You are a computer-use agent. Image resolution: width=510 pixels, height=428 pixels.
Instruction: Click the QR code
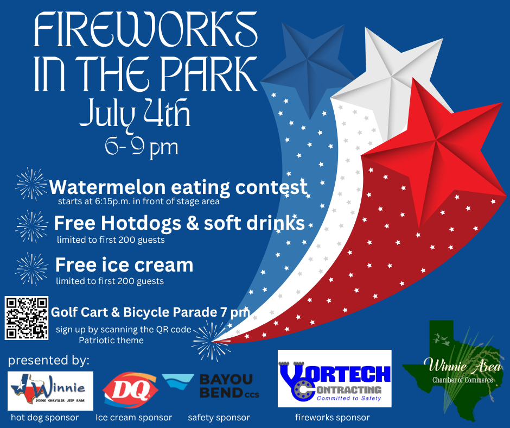[x=27, y=318]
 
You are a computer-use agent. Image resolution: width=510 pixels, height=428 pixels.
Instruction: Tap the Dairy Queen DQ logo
[x=130, y=390]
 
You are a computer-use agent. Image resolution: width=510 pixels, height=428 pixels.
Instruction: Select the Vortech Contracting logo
[x=334, y=379]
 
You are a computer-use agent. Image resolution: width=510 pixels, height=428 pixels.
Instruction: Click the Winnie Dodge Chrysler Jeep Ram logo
[x=50, y=391]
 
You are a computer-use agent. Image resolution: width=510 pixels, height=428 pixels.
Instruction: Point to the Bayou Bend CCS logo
[x=211, y=386]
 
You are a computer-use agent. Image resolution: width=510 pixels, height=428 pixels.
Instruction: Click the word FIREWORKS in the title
[x=146, y=29]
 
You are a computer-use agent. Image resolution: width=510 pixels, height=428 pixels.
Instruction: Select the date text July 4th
[x=135, y=114]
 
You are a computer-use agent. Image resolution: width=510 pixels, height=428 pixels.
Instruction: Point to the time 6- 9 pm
[x=142, y=147]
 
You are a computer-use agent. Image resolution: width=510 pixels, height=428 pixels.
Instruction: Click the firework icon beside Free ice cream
[x=32, y=269]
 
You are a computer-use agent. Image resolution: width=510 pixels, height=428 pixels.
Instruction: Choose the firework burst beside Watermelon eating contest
[x=31, y=184]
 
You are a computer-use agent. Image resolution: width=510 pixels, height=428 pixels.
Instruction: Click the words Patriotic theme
[x=111, y=341]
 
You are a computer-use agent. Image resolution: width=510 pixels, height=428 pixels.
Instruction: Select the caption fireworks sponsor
[x=333, y=418]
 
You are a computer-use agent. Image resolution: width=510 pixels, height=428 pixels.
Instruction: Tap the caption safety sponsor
[x=219, y=418]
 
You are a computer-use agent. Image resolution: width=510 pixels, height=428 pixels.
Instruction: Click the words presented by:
[x=48, y=361]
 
